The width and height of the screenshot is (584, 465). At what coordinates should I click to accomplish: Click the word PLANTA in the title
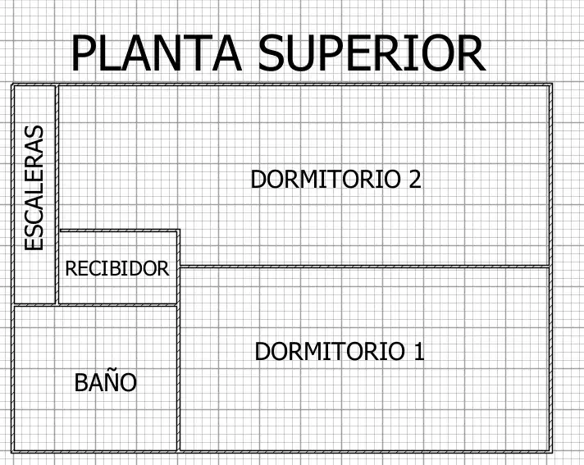point(157,52)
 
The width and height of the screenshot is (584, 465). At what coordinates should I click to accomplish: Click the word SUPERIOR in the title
point(372,52)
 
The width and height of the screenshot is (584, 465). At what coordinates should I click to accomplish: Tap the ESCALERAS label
point(34,188)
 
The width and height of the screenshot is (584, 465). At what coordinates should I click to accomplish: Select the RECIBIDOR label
point(117,268)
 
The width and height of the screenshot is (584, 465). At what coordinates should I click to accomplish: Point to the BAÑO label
point(106,382)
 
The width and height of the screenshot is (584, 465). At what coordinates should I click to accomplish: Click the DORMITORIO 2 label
point(336,179)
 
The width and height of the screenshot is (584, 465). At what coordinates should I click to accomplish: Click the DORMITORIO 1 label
point(340,351)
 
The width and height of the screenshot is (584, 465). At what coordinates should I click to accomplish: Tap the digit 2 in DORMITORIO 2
point(415,179)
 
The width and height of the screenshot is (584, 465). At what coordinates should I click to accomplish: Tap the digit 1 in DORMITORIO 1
point(419,351)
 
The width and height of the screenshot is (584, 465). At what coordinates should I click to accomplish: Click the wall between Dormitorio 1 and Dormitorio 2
point(365,267)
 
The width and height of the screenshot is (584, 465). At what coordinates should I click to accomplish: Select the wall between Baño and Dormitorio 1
point(178,378)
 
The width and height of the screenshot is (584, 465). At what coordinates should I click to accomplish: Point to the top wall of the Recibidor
point(119,230)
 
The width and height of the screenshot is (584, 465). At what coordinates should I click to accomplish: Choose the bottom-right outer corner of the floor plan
point(551,453)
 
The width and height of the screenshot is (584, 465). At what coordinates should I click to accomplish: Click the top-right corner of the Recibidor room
point(179,230)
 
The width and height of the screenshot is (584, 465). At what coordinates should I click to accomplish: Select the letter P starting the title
point(83,52)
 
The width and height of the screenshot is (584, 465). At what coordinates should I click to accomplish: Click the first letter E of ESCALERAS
point(34,244)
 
